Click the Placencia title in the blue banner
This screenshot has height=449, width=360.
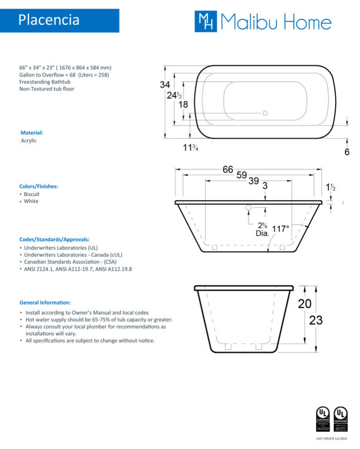[x=49, y=20]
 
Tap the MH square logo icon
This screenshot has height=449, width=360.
[x=205, y=21]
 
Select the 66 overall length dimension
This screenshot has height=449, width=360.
[x=228, y=170]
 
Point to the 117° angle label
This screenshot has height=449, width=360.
[x=281, y=229]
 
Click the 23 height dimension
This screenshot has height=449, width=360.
[x=316, y=320]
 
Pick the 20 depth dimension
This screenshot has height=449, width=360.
[x=304, y=303]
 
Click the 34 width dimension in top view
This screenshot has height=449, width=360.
[x=165, y=84]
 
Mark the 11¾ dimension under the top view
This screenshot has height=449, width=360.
[x=190, y=148]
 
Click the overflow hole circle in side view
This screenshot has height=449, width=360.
[x=248, y=207]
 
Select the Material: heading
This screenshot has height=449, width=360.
[x=32, y=133]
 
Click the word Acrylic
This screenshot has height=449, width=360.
[x=29, y=141]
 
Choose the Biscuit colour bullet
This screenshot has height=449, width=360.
[x=31, y=194]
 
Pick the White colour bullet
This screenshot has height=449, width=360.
[x=31, y=201]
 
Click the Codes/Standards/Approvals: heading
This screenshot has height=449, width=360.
[x=54, y=239]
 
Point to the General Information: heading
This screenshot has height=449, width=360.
[x=45, y=302]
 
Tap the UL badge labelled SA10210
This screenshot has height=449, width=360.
[x=322, y=419]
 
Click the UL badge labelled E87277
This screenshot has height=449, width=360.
[x=341, y=419]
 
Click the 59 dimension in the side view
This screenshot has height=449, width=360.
[x=242, y=175]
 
